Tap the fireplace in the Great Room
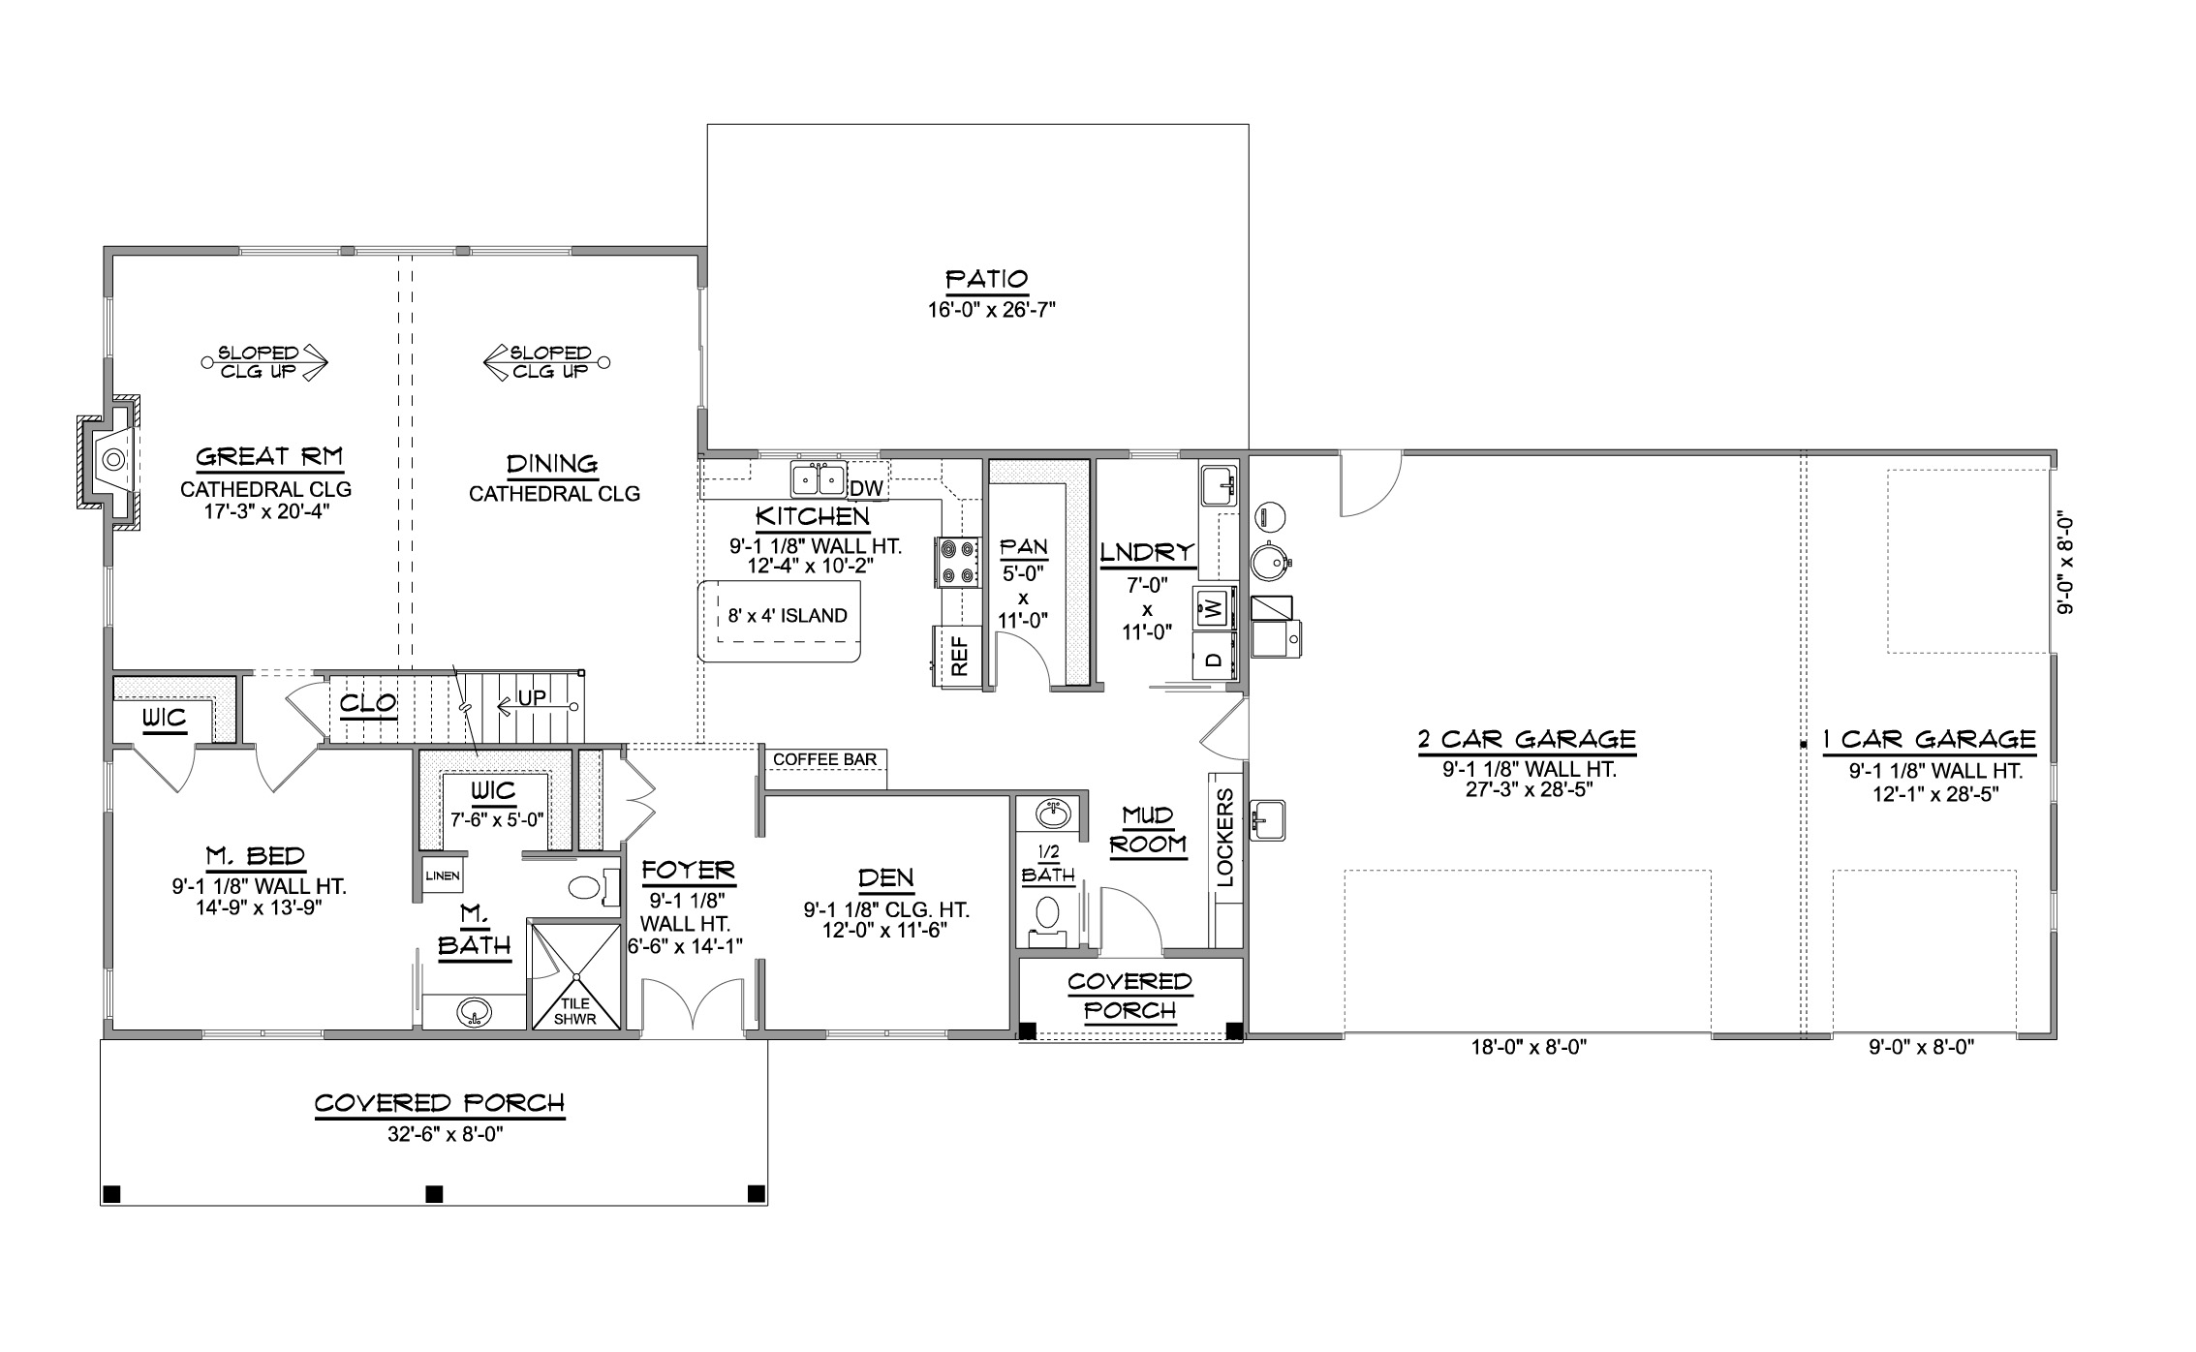click(111, 462)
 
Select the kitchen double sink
click(819, 479)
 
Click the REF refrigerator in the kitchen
click(958, 656)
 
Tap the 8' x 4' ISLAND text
click(787, 616)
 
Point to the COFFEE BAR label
click(824, 759)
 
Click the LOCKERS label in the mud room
click(1224, 837)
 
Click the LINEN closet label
click(442, 876)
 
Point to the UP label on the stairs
click(532, 698)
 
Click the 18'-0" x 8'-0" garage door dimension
click(1528, 1048)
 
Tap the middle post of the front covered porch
click(435, 1193)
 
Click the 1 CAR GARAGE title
click(1928, 741)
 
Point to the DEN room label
click(885, 878)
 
